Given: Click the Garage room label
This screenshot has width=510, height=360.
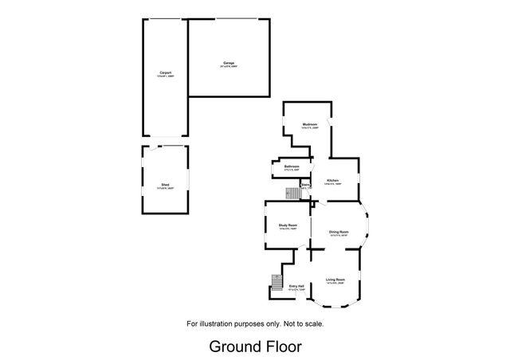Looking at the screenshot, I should pos(229,62).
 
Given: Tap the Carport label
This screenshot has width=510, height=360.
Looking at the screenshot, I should pos(165,73).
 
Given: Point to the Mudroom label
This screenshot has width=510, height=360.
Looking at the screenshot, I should pos(310,125).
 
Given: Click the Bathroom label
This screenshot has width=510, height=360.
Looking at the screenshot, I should pos(291,166).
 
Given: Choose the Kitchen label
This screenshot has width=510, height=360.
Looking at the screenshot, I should pos(333,181).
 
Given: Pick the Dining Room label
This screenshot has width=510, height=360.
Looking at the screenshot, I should pos(339,232).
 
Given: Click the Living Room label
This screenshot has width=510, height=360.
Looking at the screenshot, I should pos(335,279).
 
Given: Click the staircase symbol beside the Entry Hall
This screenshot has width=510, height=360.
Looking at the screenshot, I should pos(277,283).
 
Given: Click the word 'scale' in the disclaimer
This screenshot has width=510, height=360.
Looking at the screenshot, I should pos(312,323).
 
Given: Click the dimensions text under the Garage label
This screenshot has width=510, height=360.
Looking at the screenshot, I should pos(229,66).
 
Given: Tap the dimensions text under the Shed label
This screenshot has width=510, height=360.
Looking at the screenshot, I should pos(164,188).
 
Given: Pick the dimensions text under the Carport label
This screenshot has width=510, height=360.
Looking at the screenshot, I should pos(165,77).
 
